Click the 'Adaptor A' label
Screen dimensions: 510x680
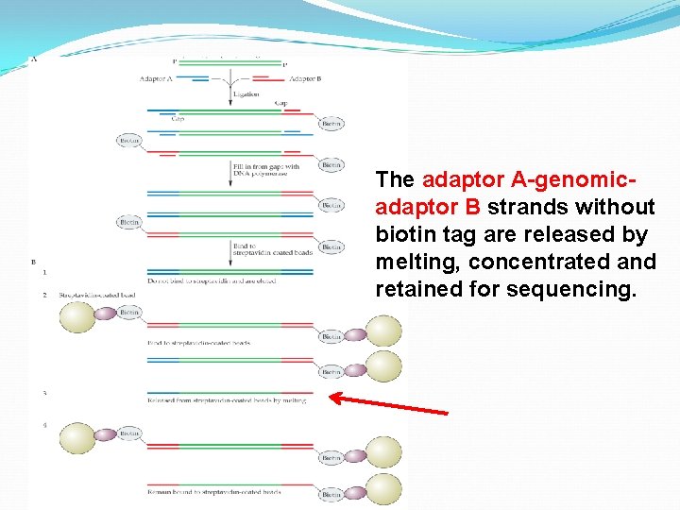156,78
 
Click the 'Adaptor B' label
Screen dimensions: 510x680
305,78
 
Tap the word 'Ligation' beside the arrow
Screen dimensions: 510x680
246,94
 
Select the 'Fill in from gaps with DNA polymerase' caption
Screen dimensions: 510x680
265,171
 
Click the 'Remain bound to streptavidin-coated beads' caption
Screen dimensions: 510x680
214,492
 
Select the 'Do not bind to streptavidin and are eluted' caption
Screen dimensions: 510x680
211,281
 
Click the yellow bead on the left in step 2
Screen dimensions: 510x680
77,316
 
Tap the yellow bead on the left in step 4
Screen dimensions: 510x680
77,439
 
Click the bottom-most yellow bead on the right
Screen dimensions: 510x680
383,489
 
